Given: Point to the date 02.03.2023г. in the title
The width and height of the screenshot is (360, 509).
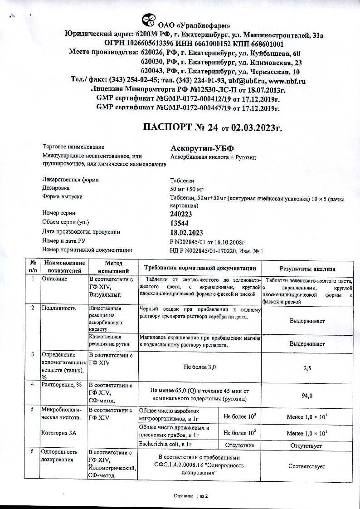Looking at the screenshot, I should click(256, 128).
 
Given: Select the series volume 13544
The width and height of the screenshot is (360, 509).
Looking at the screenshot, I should click(179, 223).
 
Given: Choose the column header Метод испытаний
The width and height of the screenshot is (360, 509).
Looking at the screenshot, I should click(111, 267).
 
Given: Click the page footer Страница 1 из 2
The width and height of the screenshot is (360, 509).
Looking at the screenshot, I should click(190, 496).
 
